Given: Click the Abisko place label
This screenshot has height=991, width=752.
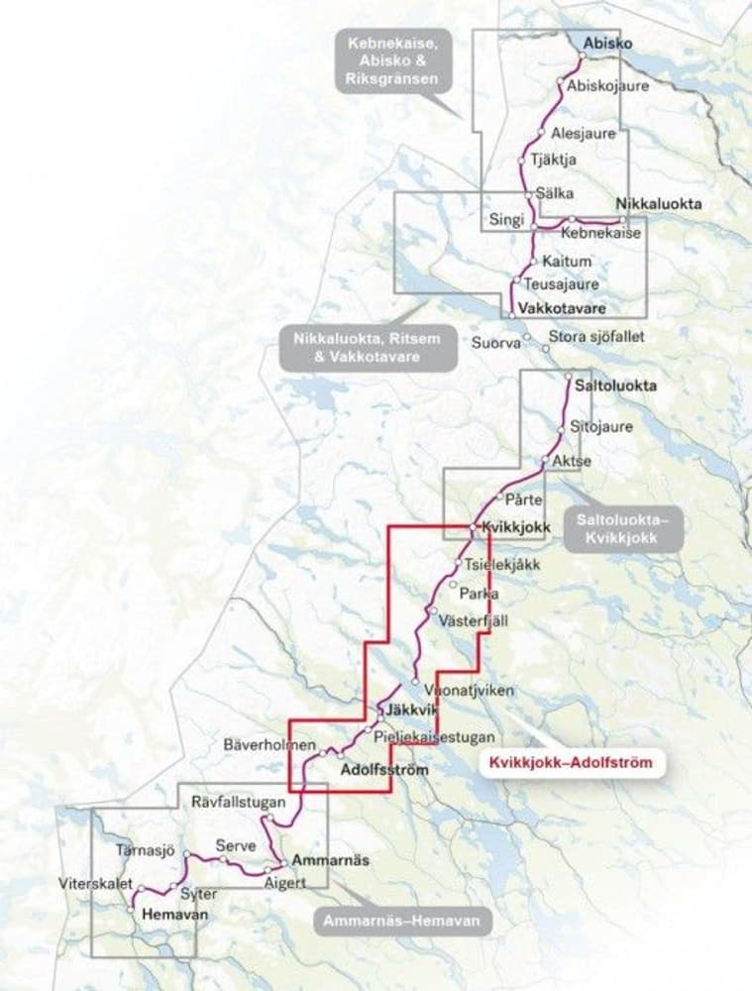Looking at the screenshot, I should point(609,44).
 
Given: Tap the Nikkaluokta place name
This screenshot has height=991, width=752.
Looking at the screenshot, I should point(659,204).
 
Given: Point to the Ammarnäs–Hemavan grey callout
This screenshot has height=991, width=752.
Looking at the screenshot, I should point(405,922).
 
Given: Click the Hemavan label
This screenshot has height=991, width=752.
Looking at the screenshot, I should point(175,915).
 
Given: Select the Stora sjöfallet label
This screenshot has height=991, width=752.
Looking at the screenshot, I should point(595,337).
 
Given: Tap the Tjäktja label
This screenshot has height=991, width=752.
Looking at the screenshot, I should point(554,159).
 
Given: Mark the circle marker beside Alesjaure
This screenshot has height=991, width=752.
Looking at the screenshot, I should point(542,133).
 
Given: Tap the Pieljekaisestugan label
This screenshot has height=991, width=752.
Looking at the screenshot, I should point(434,737).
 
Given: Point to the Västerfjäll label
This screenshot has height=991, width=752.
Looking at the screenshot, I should point(473,618).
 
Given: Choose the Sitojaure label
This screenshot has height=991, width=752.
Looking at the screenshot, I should point(594,427).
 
